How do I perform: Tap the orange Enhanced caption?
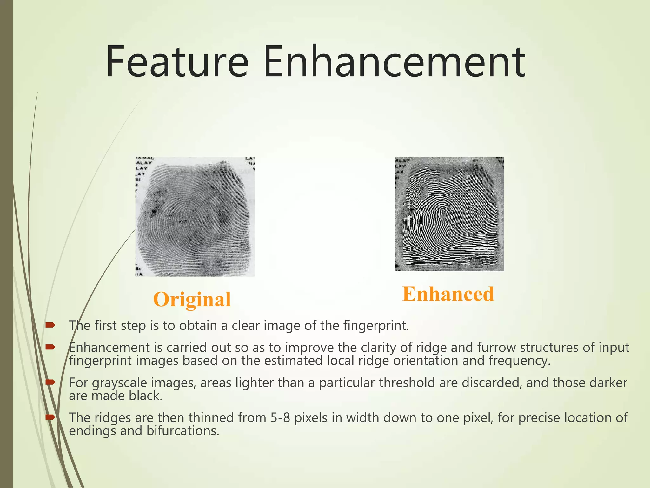[448, 294]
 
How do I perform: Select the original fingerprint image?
[195, 217]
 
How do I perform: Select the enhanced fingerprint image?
[449, 214]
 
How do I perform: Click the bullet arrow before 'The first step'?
[50, 325]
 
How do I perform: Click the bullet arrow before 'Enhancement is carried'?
[50, 347]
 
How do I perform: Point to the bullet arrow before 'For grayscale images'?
[50, 382]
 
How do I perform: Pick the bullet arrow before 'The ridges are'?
[50, 417]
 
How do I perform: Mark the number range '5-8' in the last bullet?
[281, 417]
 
